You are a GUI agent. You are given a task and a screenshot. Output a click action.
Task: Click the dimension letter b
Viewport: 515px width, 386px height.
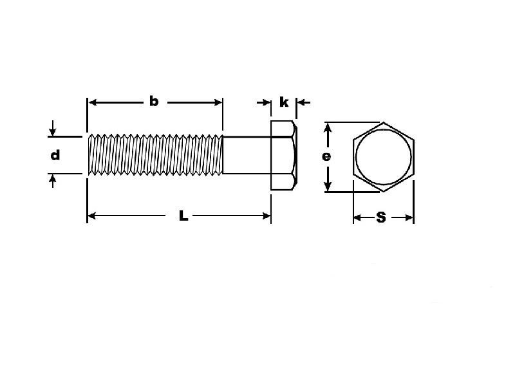154,102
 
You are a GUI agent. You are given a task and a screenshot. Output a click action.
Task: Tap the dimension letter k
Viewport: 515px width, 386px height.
284,102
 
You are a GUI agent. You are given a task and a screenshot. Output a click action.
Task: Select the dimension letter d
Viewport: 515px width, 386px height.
55,155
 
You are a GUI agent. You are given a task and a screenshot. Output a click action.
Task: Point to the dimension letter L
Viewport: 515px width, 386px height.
183,216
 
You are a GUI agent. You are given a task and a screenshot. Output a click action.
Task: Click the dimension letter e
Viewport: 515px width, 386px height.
326,157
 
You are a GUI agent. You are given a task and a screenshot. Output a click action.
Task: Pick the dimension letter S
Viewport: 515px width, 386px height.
381,217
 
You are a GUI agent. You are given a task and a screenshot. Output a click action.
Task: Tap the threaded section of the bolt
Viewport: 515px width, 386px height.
155,154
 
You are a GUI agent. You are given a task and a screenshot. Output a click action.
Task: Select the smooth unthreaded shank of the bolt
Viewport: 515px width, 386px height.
247,155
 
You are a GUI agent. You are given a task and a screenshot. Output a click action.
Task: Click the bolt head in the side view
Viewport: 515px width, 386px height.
284,155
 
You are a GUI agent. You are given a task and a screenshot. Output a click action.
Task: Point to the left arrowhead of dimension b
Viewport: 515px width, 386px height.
93,103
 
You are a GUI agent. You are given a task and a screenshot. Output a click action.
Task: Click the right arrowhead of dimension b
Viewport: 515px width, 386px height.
218,103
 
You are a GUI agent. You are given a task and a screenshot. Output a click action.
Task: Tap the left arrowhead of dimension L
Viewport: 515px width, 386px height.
92,216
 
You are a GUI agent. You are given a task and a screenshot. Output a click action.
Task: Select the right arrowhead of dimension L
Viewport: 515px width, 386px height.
267,216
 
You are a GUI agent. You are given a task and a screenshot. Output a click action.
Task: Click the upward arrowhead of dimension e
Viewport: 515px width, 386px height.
328,127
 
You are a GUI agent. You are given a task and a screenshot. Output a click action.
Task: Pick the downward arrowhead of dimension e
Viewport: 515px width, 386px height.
328,187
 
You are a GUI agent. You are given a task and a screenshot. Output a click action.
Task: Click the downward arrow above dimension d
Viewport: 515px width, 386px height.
53,128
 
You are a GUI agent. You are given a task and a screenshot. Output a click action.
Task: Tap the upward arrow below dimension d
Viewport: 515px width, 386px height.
53,181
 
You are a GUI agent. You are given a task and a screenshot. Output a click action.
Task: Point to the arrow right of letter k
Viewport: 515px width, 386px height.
303,103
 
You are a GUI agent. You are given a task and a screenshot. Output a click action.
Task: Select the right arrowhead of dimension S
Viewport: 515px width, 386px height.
409,217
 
